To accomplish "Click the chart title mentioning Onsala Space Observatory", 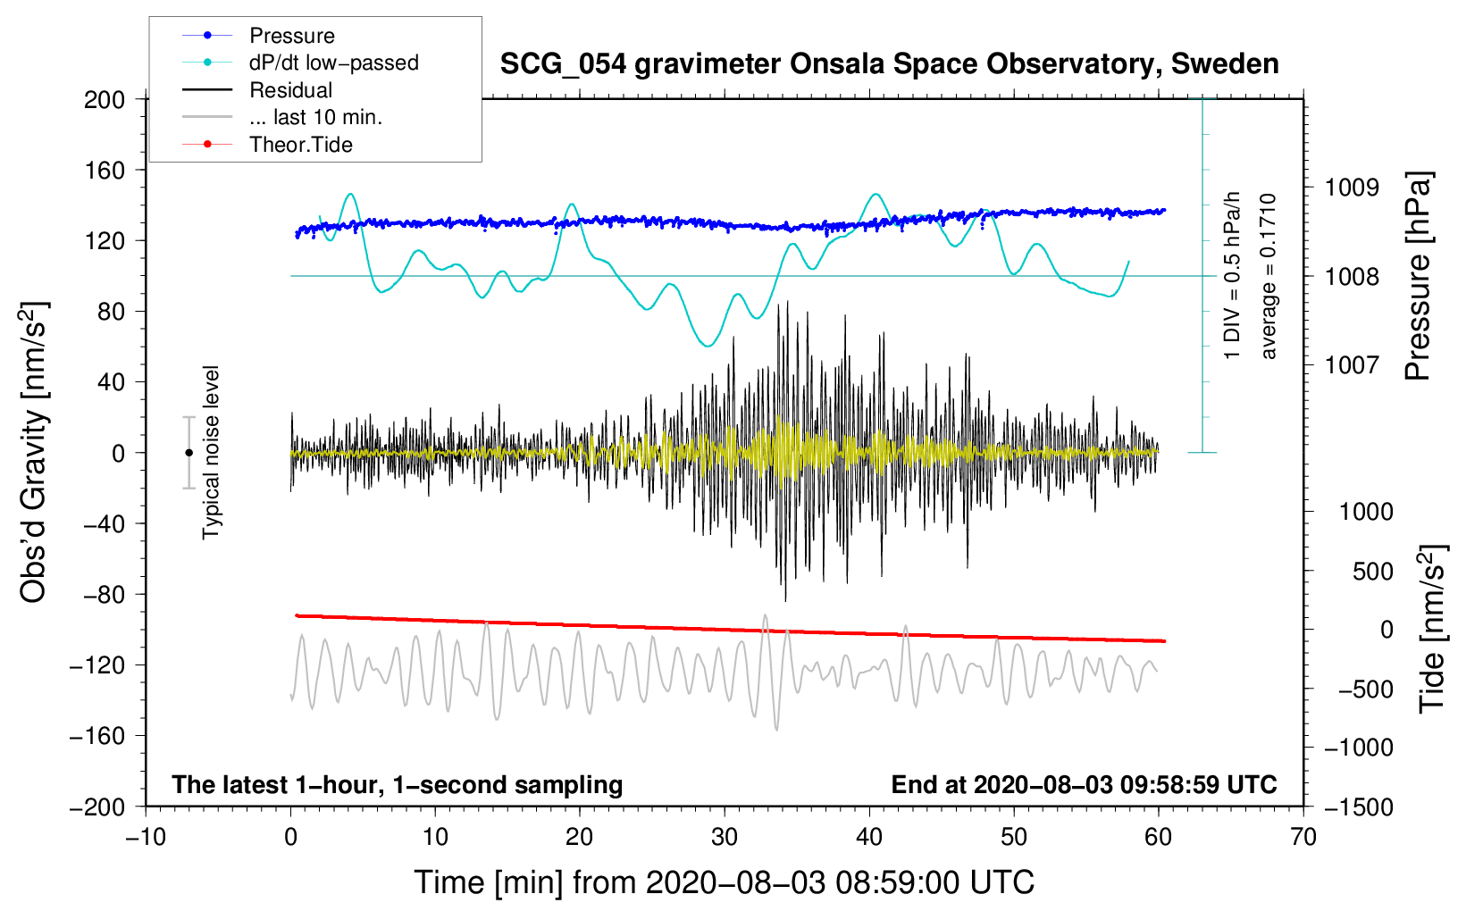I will point(889,64).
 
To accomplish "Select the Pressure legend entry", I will point(291,36).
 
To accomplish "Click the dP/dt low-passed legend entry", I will point(333,63).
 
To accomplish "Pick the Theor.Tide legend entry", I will point(300,145).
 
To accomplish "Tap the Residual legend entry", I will point(290,90).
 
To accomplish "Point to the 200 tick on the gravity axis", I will point(105,99).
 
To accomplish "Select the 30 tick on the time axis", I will point(725,837).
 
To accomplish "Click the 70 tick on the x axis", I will point(1303,837).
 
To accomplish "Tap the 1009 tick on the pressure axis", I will point(1352,188).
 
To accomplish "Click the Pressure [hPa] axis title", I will point(1419,277).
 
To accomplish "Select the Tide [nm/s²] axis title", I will point(1433,629).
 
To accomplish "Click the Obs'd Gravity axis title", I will point(34,453).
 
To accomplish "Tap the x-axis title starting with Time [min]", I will point(725,882).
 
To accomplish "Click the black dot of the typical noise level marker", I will point(189,453).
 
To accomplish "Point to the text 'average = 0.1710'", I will point(1269,277).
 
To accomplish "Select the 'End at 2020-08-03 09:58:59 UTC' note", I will point(1084,784).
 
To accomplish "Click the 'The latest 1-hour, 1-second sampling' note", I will point(398,784).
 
